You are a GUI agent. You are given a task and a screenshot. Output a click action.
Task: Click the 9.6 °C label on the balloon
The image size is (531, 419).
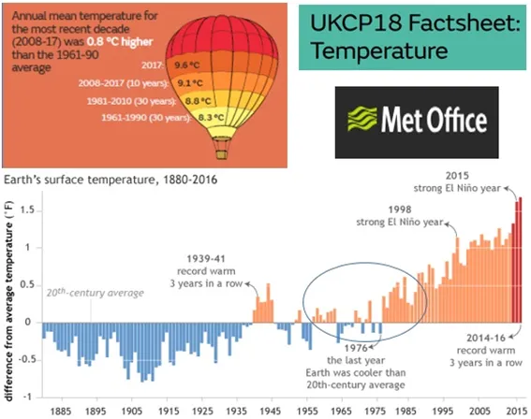tap(187, 65)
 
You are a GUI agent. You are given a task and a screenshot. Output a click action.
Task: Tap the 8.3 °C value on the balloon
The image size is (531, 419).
tap(211, 117)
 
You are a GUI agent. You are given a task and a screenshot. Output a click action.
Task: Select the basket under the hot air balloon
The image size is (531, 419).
tap(221, 155)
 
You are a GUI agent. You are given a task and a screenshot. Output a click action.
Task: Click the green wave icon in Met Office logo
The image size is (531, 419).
tap(362, 119)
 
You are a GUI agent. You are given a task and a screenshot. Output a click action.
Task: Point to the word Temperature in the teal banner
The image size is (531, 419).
tap(379, 51)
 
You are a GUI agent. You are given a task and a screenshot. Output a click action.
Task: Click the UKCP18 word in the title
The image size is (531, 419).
tap(355, 22)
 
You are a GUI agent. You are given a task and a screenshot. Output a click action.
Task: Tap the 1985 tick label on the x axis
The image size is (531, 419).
tap(406, 412)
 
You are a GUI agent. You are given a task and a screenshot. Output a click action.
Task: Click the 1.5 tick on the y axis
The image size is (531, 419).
tap(27, 210)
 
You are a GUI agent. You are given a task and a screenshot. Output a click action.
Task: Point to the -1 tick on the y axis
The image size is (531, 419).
tap(29, 397)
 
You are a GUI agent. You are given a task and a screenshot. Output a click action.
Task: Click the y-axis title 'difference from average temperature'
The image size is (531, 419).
tap(9, 300)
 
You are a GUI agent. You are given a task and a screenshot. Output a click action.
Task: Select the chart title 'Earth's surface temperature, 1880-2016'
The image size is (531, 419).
tap(111, 180)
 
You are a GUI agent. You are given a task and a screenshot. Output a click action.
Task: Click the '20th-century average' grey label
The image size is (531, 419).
tap(96, 292)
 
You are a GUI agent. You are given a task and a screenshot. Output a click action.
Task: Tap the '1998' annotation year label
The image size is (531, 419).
tap(400, 209)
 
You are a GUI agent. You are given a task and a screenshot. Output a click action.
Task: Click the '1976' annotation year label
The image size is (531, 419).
tap(356, 348)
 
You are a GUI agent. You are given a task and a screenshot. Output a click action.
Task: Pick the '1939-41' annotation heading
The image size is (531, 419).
tap(206, 259)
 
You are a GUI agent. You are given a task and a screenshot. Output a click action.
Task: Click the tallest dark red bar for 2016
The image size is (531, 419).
tap(520, 260)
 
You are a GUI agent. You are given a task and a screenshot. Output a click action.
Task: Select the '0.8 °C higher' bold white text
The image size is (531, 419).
tap(120, 41)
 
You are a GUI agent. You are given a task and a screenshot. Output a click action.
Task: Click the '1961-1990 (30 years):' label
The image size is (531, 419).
tap(145, 117)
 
